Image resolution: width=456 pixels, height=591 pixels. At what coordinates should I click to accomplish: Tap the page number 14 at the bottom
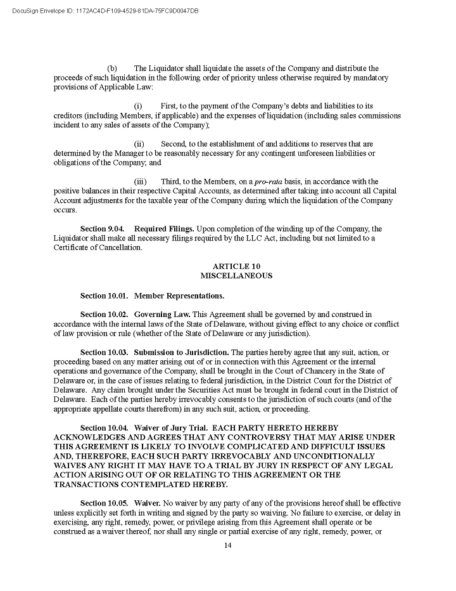pos(228,547)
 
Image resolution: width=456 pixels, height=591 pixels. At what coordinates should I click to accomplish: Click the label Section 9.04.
pos(104,228)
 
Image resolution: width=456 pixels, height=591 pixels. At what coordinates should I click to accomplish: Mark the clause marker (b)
pos(112,68)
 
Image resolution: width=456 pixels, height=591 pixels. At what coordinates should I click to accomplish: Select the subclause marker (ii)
pos(139,144)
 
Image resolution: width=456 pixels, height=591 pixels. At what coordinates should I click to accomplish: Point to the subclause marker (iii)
pos(140,182)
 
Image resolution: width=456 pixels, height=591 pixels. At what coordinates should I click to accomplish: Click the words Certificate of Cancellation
pos(98,247)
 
